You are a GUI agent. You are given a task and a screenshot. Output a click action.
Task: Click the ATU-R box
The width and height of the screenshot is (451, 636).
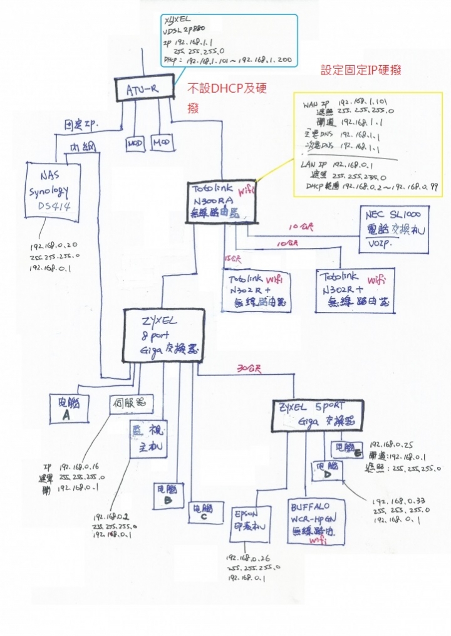(145, 90)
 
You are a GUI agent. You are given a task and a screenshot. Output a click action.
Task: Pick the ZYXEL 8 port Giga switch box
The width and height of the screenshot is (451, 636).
(163, 335)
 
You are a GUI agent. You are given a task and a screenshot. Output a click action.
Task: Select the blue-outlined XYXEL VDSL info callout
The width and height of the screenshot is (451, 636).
(229, 41)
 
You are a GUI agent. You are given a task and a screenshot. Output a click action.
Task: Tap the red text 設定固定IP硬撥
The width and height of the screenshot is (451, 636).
(361, 70)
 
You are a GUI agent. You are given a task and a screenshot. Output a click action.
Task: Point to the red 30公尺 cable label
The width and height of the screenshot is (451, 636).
(245, 367)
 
